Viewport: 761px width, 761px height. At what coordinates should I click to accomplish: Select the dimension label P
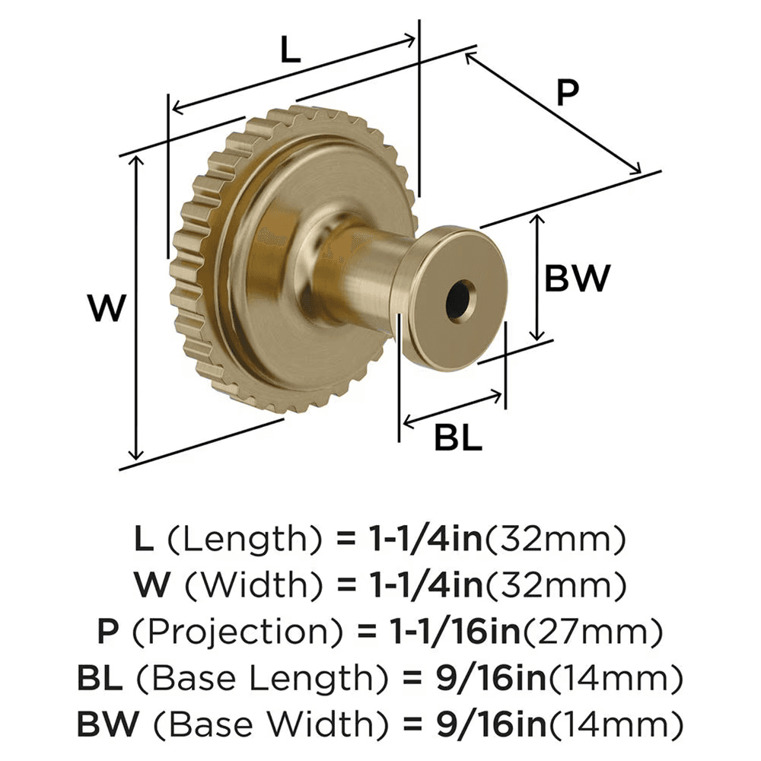coord(567,93)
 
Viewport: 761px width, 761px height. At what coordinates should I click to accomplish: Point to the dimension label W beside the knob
coord(106,309)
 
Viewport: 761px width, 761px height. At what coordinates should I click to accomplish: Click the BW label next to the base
coord(577,279)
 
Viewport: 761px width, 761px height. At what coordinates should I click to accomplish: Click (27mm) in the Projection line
coord(591,631)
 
